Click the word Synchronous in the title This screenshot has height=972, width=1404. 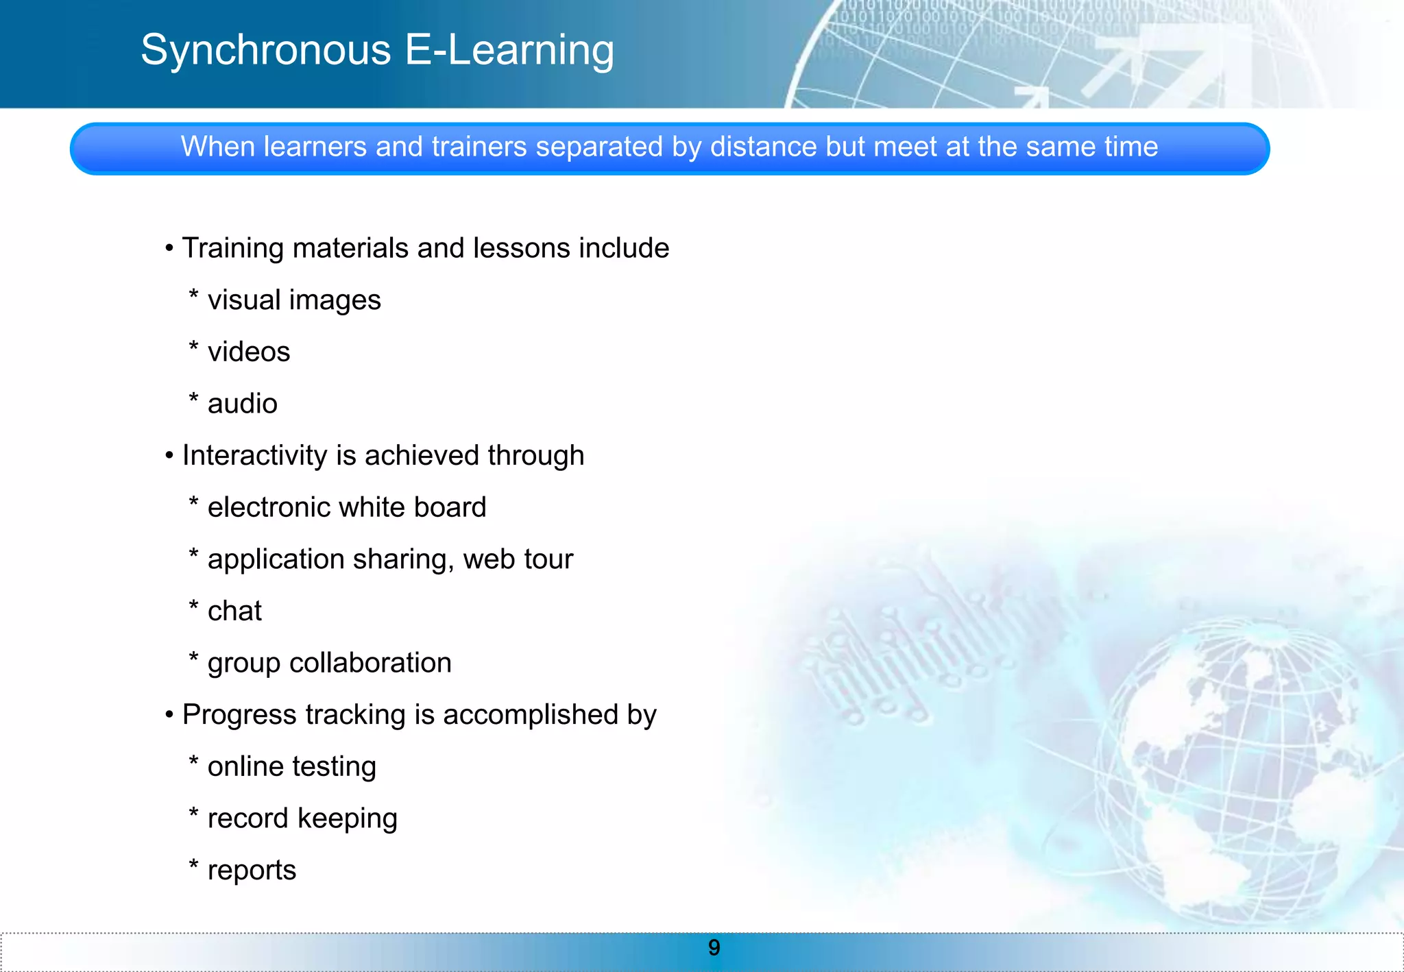click(266, 51)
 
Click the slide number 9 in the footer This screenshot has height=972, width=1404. click(714, 947)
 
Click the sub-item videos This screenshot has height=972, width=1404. click(249, 352)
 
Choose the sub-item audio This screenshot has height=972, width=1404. click(243, 404)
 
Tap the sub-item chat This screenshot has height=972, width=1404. click(234, 611)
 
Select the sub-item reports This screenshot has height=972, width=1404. click(252, 870)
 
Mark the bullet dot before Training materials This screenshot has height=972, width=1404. click(169, 249)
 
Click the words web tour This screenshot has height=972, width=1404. click(518, 559)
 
